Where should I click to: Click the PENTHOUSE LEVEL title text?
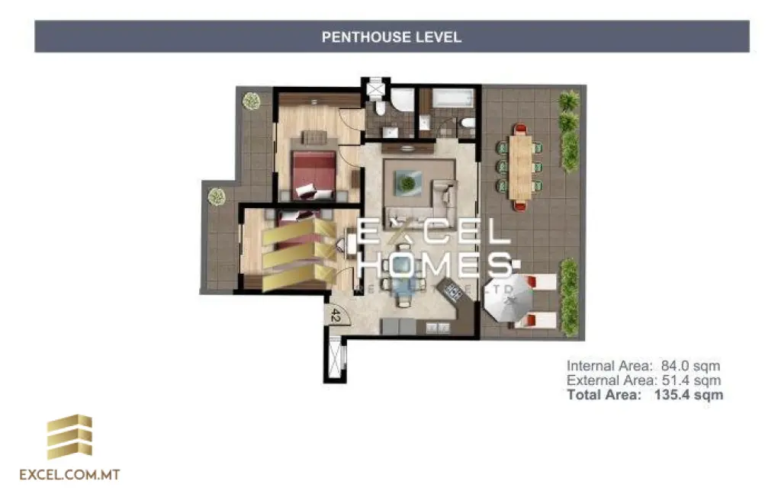pyautogui.click(x=391, y=37)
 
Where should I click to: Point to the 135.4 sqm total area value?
pyautogui.click(x=689, y=395)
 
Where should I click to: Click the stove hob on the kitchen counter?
pyautogui.click(x=454, y=290)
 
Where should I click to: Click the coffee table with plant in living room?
pyautogui.click(x=408, y=183)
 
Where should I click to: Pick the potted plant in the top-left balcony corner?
pyautogui.click(x=251, y=100)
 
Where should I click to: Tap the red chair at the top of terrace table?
pyautogui.click(x=521, y=130)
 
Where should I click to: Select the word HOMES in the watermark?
pyautogui.click(x=435, y=265)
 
